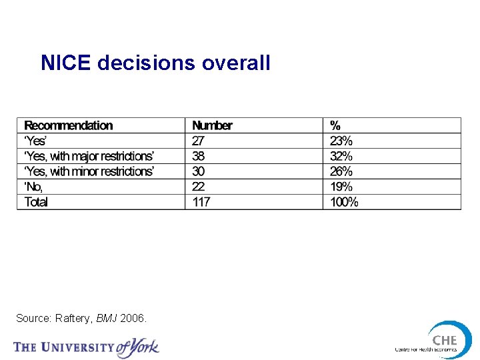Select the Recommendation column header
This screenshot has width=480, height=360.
69,125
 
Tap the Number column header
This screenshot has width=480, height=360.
212,125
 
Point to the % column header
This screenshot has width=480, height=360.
335,125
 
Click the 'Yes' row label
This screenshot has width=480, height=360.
35,141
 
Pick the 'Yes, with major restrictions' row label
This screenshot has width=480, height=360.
89,156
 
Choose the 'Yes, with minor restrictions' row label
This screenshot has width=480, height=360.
89,171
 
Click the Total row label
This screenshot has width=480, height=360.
36,202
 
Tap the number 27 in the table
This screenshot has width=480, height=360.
199,141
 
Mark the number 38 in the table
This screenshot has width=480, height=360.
199,156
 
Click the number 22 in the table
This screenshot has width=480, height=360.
199,187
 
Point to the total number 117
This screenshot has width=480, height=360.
201,202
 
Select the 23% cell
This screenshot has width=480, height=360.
341,141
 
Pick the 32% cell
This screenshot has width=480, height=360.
341,156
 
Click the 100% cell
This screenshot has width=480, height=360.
344,202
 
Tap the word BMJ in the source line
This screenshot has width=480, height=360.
107,319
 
